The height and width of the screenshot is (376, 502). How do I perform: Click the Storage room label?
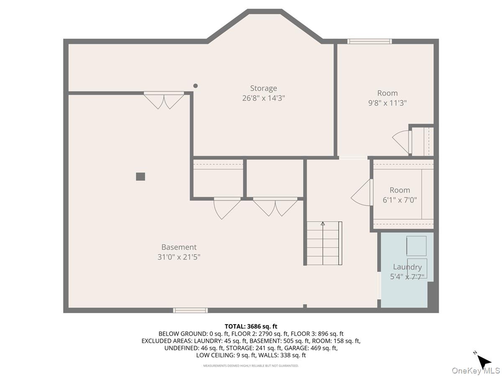pos(264,88)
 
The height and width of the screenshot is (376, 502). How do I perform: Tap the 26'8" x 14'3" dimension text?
pos(264,98)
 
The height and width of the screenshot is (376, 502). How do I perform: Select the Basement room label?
pos(179,247)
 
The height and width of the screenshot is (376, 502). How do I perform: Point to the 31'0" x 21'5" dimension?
pos(179,257)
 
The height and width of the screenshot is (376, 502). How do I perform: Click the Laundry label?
pos(407,267)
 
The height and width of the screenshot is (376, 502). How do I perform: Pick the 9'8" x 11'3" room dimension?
pos(387,103)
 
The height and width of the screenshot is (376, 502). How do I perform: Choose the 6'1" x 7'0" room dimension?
pos(400,200)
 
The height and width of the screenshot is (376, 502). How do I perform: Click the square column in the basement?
pos(141,176)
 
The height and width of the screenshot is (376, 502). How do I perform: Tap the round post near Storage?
pos(195,86)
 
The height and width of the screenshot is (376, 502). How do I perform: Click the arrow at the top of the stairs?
pos(323,224)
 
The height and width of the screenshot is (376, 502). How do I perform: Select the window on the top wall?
pos(369,41)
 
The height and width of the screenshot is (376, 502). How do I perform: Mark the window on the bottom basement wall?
pos(190,310)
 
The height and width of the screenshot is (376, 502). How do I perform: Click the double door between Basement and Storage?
pos(164,100)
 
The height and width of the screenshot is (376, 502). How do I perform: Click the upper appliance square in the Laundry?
pos(416,246)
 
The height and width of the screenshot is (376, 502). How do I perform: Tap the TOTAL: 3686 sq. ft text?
pos(251,326)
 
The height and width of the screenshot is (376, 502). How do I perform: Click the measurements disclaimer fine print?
pos(251,366)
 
